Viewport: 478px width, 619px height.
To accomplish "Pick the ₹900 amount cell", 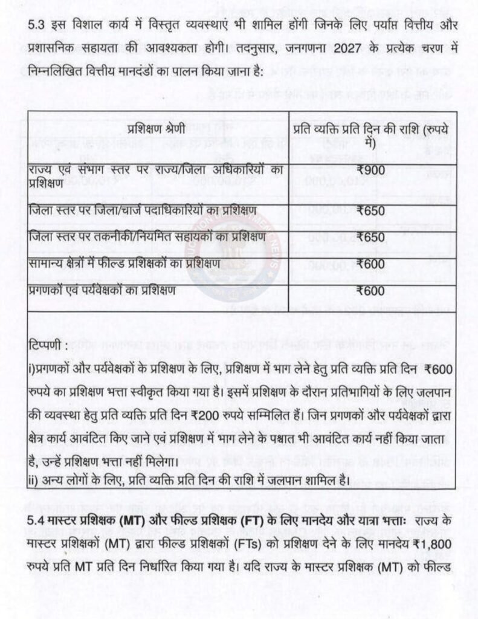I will (370, 171).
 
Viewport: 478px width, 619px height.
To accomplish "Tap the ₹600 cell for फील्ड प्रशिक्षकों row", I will (370, 264).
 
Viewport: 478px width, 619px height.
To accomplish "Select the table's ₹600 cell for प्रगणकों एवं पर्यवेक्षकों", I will (370, 291).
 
